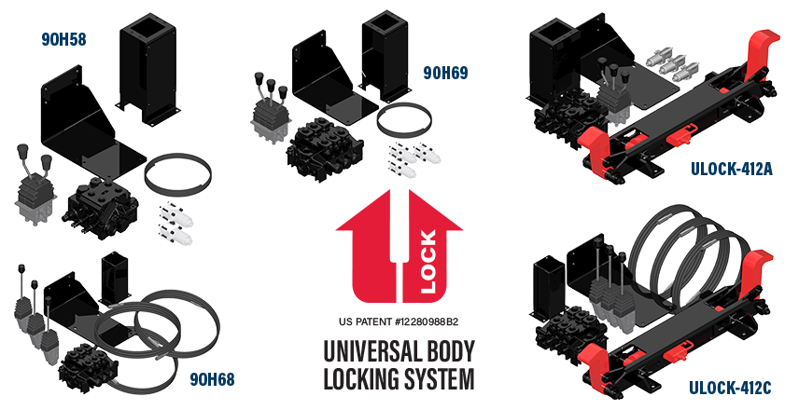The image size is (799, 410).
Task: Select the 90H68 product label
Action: tap(211, 378)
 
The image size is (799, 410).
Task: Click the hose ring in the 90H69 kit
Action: tap(408, 122)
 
